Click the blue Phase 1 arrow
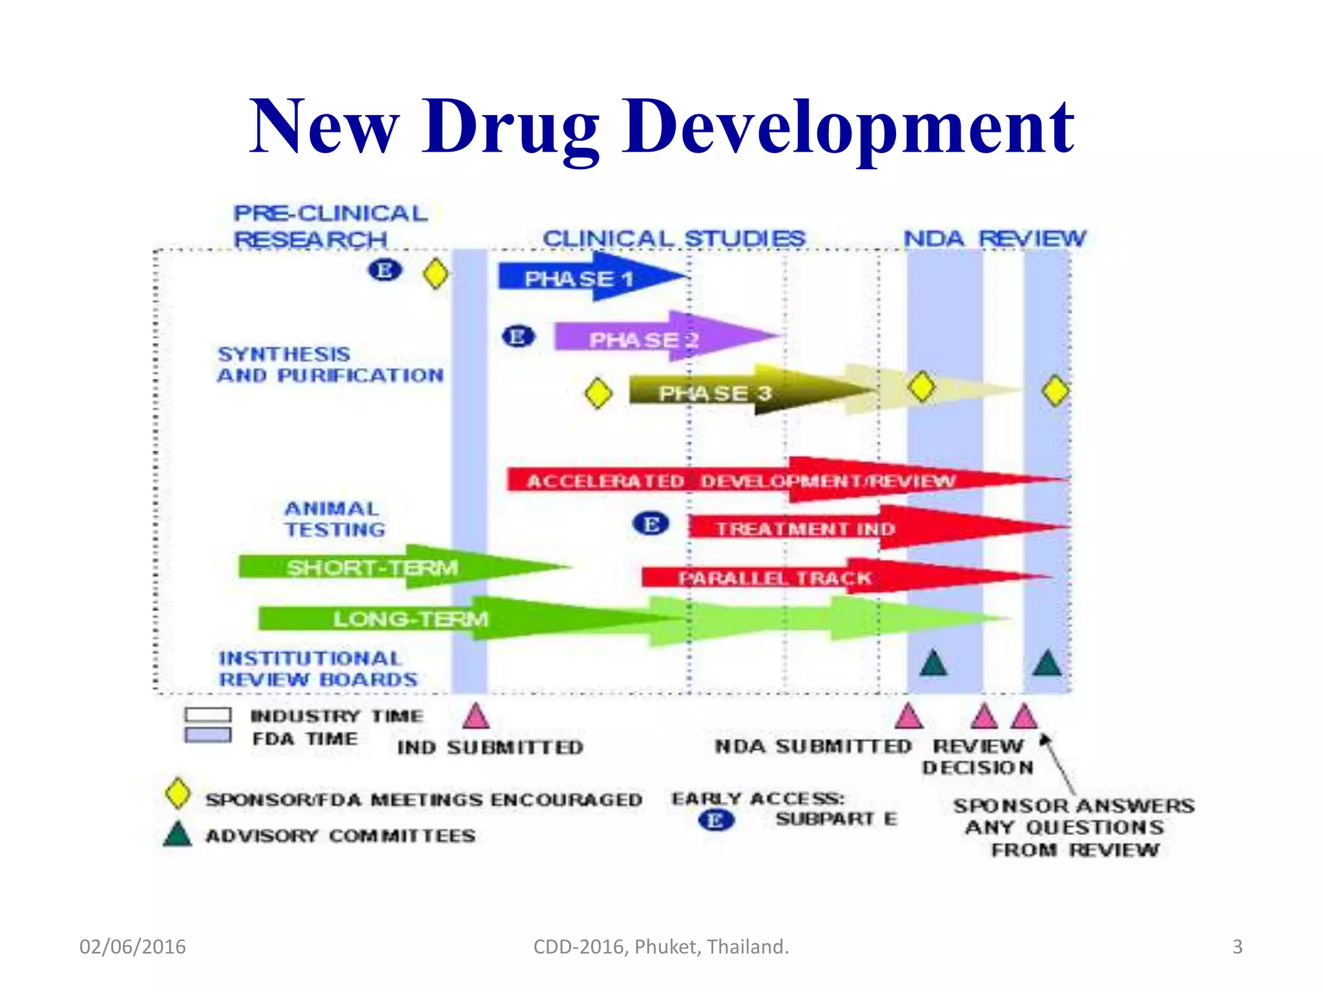pos(581,278)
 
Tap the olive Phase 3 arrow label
pos(715,393)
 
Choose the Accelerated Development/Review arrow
pos(743,480)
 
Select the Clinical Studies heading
pos(674,238)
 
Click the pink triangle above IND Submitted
pos(476,716)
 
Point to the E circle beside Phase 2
pos(518,336)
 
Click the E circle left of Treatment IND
pos(651,524)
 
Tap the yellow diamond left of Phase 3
pos(598,393)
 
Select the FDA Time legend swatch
pos(207,736)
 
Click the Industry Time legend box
pos(207,715)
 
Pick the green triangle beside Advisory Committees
pos(178,834)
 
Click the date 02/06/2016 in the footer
pos(132,947)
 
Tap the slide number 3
pos(1237,947)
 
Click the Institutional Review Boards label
pos(317,669)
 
